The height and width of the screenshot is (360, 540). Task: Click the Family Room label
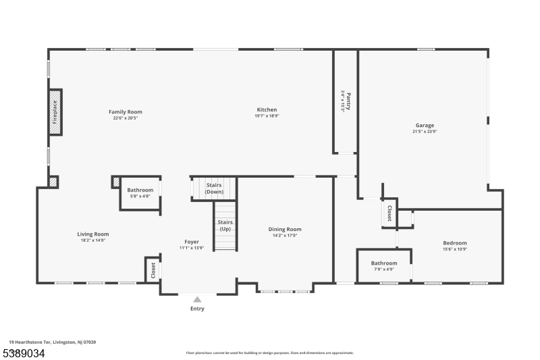click(x=126, y=111)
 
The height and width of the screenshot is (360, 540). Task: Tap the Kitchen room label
click(x=267, y=109)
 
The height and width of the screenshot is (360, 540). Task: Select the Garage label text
click(x=425, y=125)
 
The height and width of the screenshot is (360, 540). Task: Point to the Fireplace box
click(x=55, y=111)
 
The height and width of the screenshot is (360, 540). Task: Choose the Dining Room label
click(x=285, y=229)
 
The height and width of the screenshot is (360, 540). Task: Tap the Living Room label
click(x=93, y=234)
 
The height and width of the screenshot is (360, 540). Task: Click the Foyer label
click(x=192, y=242)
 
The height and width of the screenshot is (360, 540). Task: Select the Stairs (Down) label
click(x=214, y=188)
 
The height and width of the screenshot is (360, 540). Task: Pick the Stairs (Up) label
click(x=225, y=225)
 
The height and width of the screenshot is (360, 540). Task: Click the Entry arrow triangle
click(x=197, y=299)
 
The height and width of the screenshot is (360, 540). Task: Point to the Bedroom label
click(x=454, y=243)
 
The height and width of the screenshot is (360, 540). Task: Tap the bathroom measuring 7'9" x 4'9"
click(x=383, y=265)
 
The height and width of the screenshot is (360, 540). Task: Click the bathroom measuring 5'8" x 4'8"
click(x=140, y=192)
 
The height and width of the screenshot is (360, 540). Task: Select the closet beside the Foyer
click(x=153, y=269)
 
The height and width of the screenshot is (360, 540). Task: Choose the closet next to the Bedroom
click(x=389, y=213)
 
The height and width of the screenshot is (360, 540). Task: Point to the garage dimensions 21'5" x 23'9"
click(x=425, y=132)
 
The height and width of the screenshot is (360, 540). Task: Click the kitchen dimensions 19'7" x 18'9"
click(x=267, y=116)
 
